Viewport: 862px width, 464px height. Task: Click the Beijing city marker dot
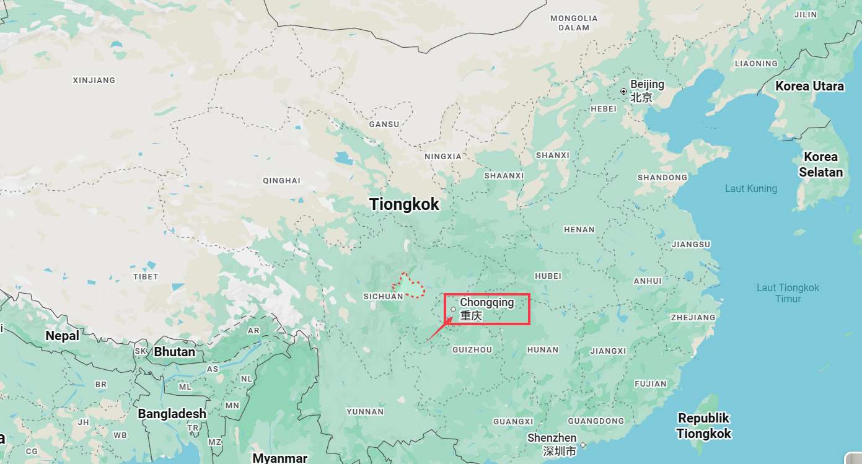point(623,91)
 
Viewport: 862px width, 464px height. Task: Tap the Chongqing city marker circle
point(454,309)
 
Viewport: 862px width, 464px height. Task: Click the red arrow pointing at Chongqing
point(439,329)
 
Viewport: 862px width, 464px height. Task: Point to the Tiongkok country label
point(404,204)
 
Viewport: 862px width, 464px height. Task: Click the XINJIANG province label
point(94,80)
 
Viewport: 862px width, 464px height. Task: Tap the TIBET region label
point(146,276)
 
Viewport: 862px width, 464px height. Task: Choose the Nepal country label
point(62,336)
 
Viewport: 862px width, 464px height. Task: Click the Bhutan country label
point(174,352)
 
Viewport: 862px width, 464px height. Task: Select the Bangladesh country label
point(172,413)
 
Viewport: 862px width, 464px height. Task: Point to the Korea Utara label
point(809,86)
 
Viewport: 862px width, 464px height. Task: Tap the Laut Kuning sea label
point(750,188)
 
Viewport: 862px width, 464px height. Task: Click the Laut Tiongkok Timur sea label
point(788,293)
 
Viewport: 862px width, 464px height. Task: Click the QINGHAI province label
point(281,181)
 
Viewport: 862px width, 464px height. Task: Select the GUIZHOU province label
point(472,349)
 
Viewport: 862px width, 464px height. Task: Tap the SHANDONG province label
point(662,177)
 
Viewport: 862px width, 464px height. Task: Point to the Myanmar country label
point(280,458)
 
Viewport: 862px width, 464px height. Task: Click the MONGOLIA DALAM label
point(574,23)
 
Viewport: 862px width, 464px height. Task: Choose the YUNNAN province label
point(365,411)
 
